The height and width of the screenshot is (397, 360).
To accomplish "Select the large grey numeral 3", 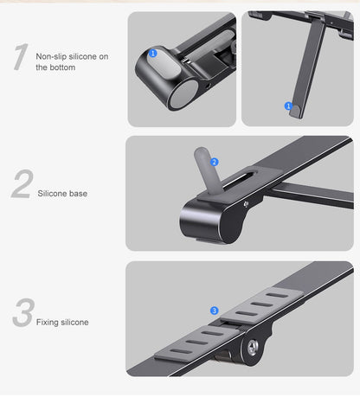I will pyautogui.click(x=22, y=315).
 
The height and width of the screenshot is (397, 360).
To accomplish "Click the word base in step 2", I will pyautogui.click(x=78, y=194).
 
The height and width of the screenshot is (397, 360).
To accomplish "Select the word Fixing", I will pyautogui.click(x=48, y=323).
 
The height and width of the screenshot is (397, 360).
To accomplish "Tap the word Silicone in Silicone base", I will pyautogui.click(x=53, y=194).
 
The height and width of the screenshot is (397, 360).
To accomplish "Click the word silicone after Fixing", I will pyautogui.click(x=75, y=323).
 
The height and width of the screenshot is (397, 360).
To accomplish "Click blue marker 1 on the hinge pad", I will pyautogui.click(x=153, y=53).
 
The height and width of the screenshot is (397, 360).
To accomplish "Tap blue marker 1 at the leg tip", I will pyautogui.click(x=288, y=106).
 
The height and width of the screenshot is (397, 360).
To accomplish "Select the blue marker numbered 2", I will pyautogui.click(x=215, y=162).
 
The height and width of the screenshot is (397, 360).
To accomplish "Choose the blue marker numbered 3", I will pyautogui.click(x=214, y=310).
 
